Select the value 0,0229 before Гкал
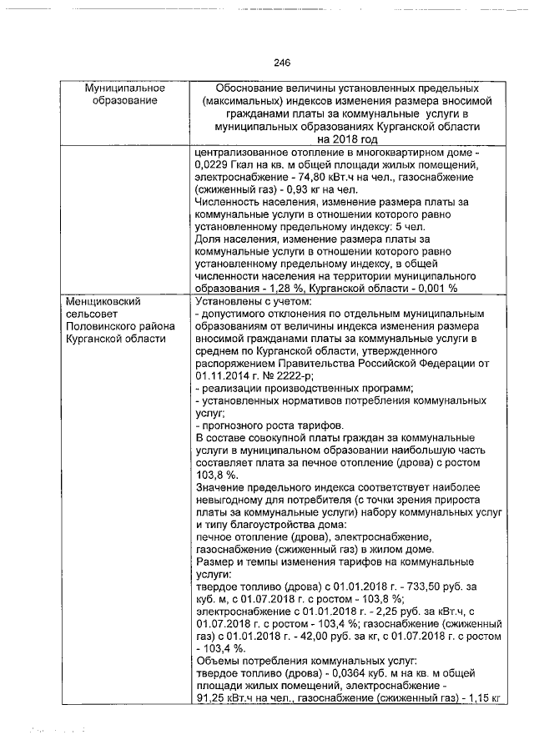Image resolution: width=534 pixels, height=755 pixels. pyautogui.click(x=212, y=165)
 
